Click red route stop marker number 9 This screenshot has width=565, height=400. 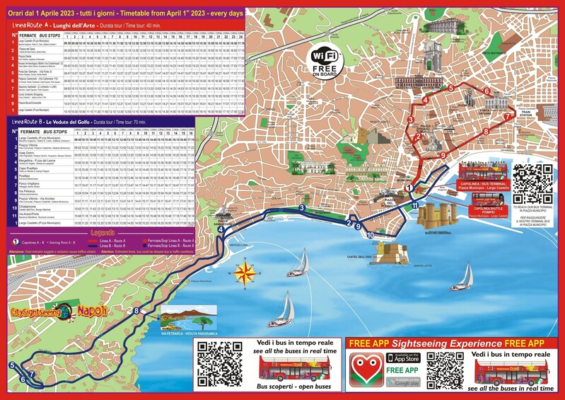(x=443, y=155)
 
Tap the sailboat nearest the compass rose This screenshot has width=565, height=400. (x=298, y=264)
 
